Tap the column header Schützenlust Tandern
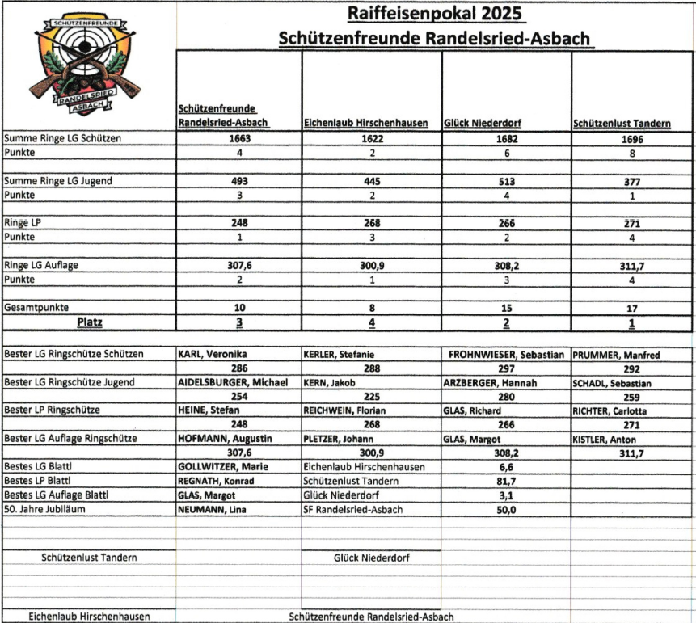[621, 124]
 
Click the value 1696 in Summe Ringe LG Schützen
[631, 138]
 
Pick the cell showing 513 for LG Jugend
[506, 181]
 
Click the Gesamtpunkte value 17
[631, 308]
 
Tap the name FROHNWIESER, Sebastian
[504, 354]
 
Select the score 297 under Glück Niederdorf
[506, 368]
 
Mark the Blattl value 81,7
[506, 481]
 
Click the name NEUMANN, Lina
[210, 509]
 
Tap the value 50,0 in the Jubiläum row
[506, 510]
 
